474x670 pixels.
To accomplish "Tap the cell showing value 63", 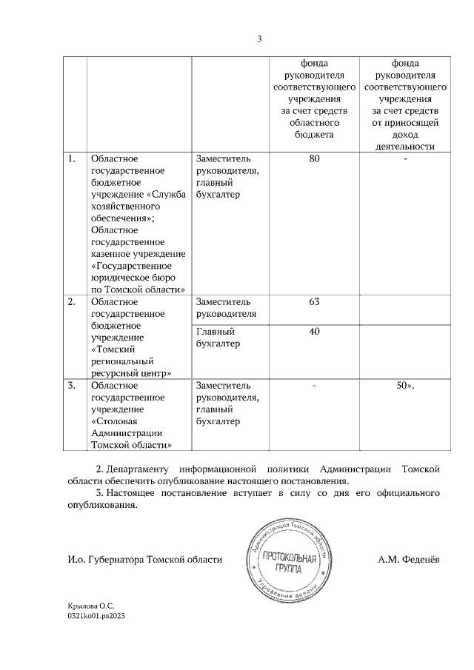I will [314, 302].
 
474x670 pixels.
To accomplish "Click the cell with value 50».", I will [405, 386].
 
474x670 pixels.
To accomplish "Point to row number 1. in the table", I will [72, 158].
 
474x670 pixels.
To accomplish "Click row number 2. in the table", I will [72, 302].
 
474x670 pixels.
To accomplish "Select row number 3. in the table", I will [72, 386].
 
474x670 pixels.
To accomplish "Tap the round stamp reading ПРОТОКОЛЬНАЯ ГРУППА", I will [287, 560].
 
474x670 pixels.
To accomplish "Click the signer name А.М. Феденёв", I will [409, 560].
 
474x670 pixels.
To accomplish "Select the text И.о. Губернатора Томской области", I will [140, 560].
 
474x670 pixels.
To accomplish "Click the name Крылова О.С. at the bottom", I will [92, 606].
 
